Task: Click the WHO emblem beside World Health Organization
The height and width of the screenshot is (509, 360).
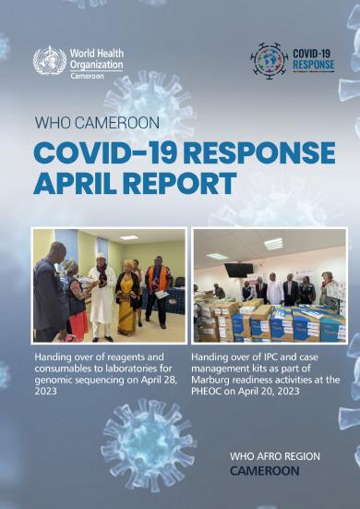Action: (49, 61)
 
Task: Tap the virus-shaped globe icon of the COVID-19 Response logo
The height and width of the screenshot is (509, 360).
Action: (270, 60)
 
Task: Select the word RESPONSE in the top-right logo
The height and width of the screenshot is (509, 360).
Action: (313, 67)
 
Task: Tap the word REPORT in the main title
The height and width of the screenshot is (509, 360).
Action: (188, 184)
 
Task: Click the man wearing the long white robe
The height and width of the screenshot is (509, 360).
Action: (102, 291)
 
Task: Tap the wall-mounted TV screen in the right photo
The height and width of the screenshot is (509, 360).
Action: (238, 270)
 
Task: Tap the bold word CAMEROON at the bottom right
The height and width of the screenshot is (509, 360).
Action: (265, 470)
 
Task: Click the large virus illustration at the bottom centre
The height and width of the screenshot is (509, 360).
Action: (148, 442)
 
